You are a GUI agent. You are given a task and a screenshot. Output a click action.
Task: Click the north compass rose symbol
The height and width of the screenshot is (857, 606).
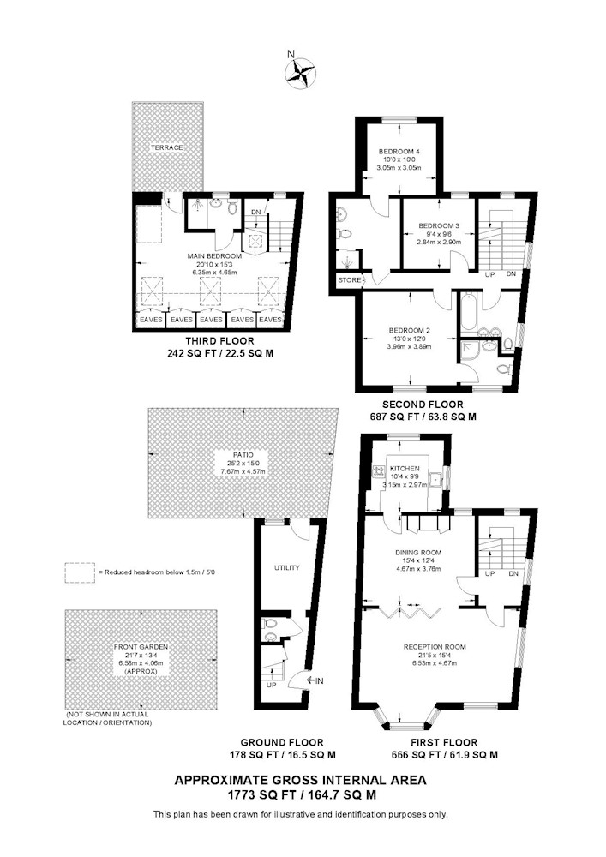point(300,74)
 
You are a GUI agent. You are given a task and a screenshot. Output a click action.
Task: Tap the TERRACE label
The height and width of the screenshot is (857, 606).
point(167,147)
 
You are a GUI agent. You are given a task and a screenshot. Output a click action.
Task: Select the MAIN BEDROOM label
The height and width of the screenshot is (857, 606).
point(214,255)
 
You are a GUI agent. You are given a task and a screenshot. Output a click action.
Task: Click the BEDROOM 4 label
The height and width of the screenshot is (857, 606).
point(399,152)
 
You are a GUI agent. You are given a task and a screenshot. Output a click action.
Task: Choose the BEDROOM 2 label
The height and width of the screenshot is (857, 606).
point(409,330)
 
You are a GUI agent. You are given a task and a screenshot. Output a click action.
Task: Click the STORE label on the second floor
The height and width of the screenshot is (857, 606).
point(350,280)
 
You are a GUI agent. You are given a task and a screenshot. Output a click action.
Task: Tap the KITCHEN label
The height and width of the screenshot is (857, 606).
point(405,469)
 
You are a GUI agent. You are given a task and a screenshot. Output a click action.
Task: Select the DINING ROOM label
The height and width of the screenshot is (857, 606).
point(418,553)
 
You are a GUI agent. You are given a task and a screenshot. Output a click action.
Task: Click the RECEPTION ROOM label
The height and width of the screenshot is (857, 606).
point(435,647)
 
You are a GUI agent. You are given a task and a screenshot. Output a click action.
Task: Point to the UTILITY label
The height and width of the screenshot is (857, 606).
point(287,568)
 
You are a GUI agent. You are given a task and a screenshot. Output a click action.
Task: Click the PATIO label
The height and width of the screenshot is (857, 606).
point(242,455)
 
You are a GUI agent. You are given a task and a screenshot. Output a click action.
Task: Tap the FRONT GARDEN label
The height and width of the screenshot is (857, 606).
point(141,647)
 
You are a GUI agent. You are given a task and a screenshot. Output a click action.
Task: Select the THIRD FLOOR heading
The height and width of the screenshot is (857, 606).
point(219,341)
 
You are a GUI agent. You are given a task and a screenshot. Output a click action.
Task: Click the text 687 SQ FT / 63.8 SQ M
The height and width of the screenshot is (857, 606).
point(423,417)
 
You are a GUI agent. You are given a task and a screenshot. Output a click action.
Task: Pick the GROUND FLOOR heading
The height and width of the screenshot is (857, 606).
point(282,742)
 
